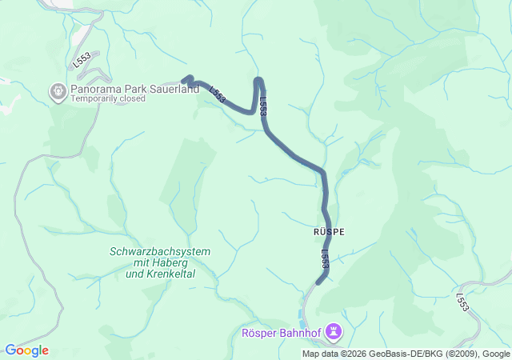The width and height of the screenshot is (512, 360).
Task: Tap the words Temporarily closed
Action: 107,99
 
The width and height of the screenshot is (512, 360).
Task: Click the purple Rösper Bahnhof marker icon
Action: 334,331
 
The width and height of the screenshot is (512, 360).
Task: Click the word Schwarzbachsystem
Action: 160,251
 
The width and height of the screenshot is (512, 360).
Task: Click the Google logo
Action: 26,350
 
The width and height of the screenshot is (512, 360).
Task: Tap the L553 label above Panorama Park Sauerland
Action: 82,59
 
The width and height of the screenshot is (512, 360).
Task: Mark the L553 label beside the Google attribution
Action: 462,302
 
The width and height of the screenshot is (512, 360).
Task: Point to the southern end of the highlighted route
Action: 318,282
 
